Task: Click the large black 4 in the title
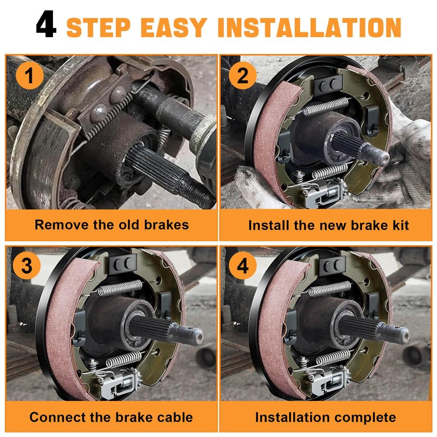click(x=46, y=24)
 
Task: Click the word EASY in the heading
click(x=174, y=27)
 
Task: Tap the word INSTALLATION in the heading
click(x=309, y=27)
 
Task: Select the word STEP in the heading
click(x=98, y=27)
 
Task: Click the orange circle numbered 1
click(x=29, y=75)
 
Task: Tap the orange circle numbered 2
click(x=243, y=75)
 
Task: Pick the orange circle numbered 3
click(x=27, y=265)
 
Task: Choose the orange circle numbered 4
click(x=243, y=265)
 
